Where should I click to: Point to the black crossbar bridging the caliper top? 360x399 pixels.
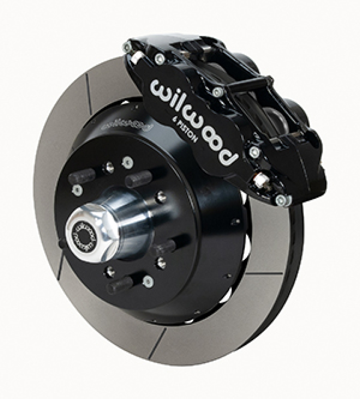(250, 85)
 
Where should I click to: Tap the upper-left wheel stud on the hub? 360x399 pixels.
(83, 176)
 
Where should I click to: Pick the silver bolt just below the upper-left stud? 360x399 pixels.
(77, 190)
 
